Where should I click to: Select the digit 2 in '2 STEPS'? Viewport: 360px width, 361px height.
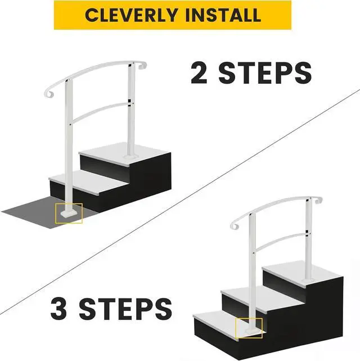pos(198,73)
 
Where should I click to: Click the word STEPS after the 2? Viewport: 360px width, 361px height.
pos(266,73)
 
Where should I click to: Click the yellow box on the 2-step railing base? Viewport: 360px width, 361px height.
pos(69,213)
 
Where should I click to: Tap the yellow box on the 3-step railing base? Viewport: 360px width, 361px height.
pos(249,328)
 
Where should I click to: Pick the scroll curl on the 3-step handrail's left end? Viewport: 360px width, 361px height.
pos(235,225)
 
